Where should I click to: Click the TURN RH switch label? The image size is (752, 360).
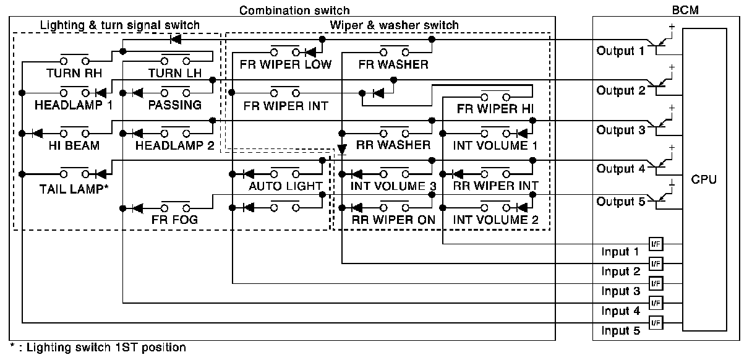click(74, 72)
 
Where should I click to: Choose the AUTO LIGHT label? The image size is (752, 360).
click(286, 186)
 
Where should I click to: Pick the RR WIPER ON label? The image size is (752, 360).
click(394, 219)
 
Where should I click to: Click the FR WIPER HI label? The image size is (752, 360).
click(495, 108)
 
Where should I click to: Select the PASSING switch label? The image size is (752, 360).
click(175, 105)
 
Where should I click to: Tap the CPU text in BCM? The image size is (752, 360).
click(704, 179)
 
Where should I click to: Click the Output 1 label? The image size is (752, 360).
click(620, 51)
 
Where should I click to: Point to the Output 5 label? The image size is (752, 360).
click(620, 202)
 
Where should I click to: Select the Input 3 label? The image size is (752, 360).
click(620, 291)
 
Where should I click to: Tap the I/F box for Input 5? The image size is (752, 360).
click(656, 322)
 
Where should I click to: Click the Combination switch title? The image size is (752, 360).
click(294, 10)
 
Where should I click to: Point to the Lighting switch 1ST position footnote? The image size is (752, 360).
click(98, 348)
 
